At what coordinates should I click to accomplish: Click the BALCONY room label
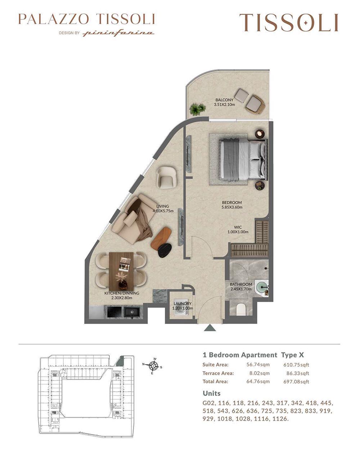pos(224,100)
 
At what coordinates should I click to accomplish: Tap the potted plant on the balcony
pos(197,109)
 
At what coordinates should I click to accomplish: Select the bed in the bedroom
pos(243,159)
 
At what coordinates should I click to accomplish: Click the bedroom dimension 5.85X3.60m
pos(232,207)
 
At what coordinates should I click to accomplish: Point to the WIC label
pos(238,227)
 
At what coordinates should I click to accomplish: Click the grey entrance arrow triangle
pos(210,328)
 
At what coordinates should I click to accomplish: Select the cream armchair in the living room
pos(167,177)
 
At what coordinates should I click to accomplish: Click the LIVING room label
pos(162,206)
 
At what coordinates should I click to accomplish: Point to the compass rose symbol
pos(153,366)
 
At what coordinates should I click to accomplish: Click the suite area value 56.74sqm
pos(258,364)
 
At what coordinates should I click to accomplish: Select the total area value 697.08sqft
pos(296,382)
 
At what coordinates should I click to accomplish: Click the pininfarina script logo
pos(118,33)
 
